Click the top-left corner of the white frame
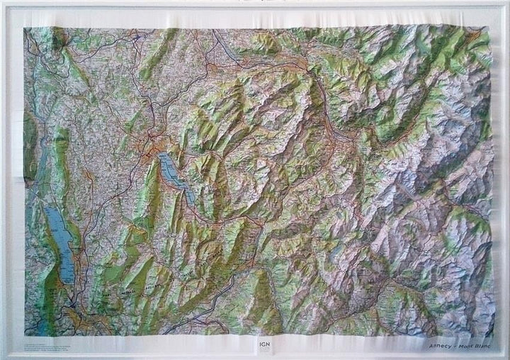tap(2, 2)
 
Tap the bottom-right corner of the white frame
tap(507, 357)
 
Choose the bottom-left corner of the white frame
tap(2, 357)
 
